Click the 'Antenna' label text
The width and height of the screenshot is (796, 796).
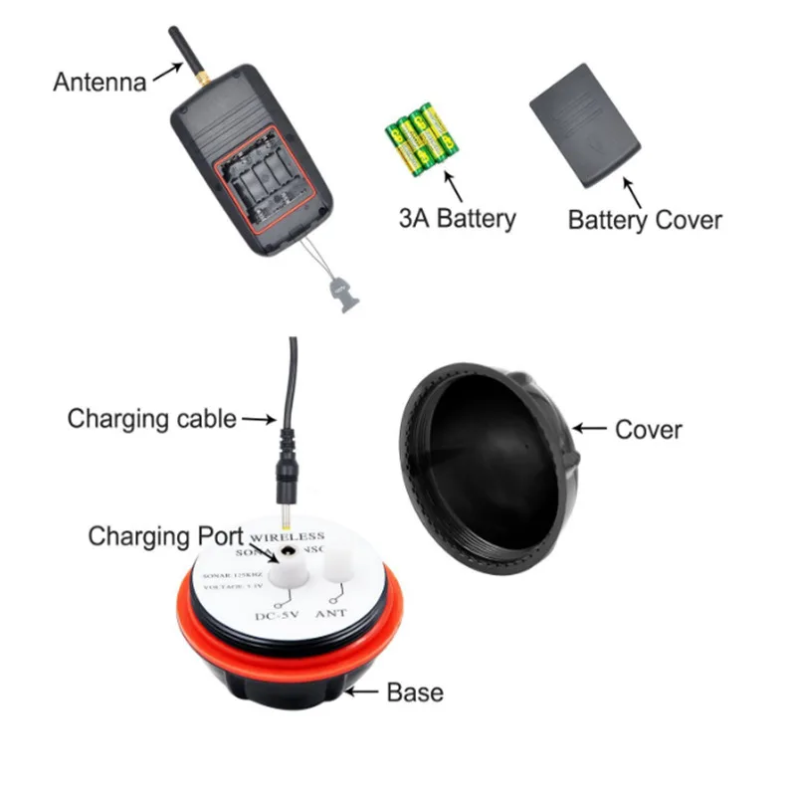[x=99, y=81]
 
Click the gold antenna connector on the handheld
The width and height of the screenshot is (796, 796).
[x=202, y=77]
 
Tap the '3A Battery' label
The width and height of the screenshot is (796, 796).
[x=458, y=218]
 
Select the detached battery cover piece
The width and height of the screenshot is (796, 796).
[x=585, y=123]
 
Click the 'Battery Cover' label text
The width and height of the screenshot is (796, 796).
[x=645, y=219]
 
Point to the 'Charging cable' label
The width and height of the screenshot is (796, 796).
[x=151, y=419]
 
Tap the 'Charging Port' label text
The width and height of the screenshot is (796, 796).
[x=165, y=536]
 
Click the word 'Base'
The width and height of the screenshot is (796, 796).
[x=414, y=692]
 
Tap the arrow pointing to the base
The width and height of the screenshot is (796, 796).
[x=364, y=690]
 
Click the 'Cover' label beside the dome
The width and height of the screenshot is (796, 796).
[x=649, y=429]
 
